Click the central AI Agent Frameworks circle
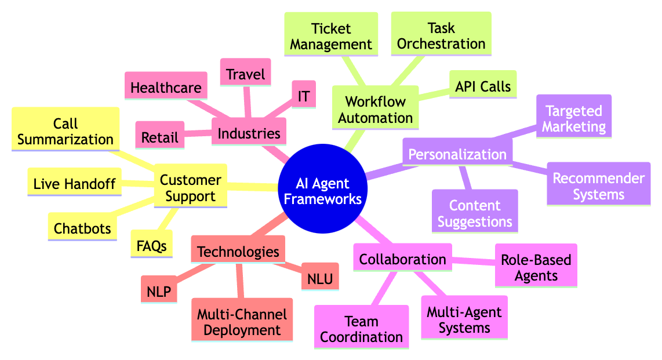323,192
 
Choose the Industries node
249,134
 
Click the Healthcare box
166,88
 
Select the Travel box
245,74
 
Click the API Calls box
483,86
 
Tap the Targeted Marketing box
574,119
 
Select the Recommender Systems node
598,186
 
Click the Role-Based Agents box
536,267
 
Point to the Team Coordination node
361,329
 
